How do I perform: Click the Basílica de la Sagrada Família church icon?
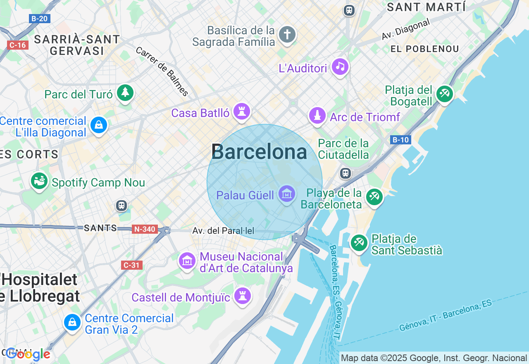pyautogui.click(x=287, y=34)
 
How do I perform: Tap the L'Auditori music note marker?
pyautogui.click(x=341, y=67)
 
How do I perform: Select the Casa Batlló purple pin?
pyautogui.click(x=241, y=111)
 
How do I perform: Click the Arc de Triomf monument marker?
pyautogui.click(x=317, y=116)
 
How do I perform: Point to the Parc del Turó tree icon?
pyautogui.click(x=125, y=93)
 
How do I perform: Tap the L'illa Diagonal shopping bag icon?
pyautogui.click(x=99, y=125)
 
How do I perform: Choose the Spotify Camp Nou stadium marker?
pyautogui.click(x=40, y=181)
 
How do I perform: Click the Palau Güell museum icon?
pyautogui.click(x=287, y=194)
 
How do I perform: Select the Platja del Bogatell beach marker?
pyautogui.click(x=445, y=93)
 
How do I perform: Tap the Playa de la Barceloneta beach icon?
pyautogui.click(x=374, y=196)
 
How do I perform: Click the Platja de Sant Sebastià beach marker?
pyautogui.click(x=359, y=242)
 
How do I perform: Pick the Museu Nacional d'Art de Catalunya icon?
pyautogui.click(x=187, y=261)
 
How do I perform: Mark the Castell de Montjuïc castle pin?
pyautogui.click(x=243, y=296)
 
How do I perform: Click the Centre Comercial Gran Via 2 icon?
pyautogui.click(x=73, y=322)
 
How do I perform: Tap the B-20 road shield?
pyautogui.click(x=40, y=18)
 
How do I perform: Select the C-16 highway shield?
pyautogui.click(x=18, y=45)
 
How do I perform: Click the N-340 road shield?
pyautogui.click(x=145, y=229)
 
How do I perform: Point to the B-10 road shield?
pyautogui.click(x=400, y=140)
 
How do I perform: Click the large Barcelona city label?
pyautogui.click(x=259, y=152)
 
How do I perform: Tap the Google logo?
pyautogui.click(x=28, y=354)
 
